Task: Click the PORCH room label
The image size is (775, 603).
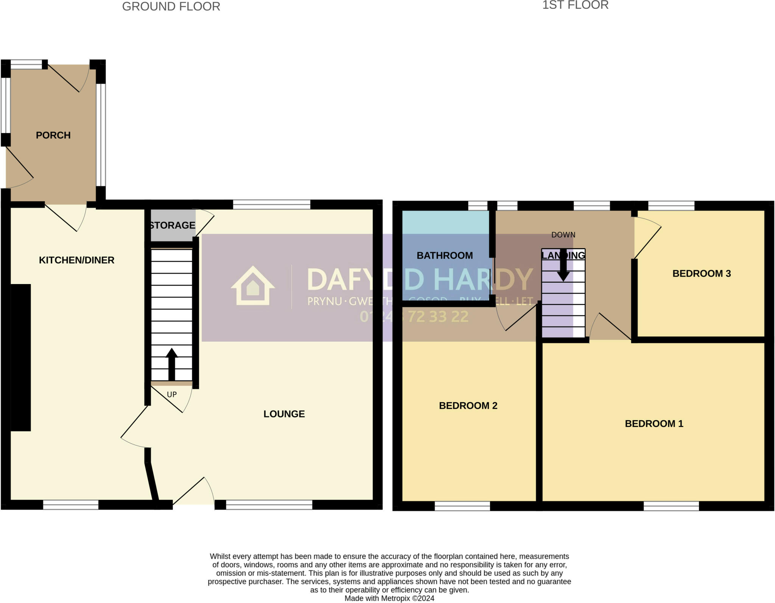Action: point(53,135)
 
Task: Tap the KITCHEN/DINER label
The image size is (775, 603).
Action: point(76,260)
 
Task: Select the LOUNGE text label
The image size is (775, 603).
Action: point(284,414)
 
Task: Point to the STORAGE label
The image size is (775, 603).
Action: point(173,225)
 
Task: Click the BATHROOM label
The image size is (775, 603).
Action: point(445,256)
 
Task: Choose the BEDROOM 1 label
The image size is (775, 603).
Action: point(654,424)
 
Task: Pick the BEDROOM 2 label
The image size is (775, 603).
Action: point(468,406)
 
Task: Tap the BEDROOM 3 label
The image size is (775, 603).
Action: point(701,273)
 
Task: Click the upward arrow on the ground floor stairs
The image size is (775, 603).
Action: point(172,364)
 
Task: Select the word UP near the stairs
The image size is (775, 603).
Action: point(172,395)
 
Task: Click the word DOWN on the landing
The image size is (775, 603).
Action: point(563,235)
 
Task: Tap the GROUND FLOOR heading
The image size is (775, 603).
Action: point(171,7)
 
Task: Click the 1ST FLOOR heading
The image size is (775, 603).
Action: point(575,5)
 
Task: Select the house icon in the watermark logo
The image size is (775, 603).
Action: point(253,286)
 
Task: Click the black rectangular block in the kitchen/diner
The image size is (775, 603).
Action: point(20,357)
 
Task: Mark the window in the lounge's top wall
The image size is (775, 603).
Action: point(271,205)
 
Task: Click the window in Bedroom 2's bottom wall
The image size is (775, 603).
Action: point(462,506)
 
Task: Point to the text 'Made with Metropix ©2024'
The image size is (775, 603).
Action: point(389,598)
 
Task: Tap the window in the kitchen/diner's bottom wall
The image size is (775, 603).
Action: point(71,505)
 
